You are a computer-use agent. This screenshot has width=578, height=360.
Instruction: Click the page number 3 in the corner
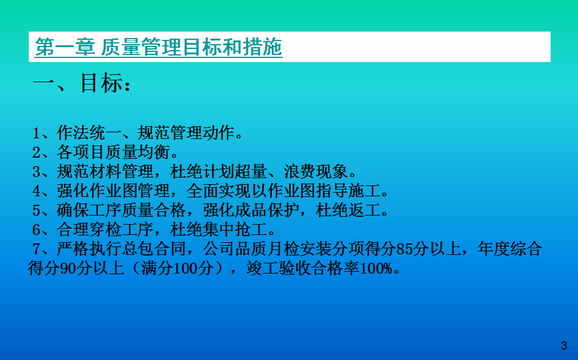(564, 346)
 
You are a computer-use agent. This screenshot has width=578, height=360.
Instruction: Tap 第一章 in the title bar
(65, 47)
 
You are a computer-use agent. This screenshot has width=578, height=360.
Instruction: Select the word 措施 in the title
(262, 47)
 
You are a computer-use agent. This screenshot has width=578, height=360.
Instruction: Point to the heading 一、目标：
(82, 83)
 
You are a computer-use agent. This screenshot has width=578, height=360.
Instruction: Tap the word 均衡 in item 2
(154, 152)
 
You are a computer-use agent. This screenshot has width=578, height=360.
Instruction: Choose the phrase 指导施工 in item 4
(348, 191)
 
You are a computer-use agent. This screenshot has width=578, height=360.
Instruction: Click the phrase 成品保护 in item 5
(268, 210)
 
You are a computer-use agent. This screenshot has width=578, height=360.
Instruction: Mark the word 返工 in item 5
(365, 210)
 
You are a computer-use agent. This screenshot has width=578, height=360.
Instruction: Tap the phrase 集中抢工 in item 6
(235, 230)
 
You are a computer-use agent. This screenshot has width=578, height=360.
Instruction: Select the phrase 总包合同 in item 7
(154, 249)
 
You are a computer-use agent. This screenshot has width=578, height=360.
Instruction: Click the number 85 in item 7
(405, 249)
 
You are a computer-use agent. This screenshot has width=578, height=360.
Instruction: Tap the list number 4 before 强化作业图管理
(36, 191)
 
